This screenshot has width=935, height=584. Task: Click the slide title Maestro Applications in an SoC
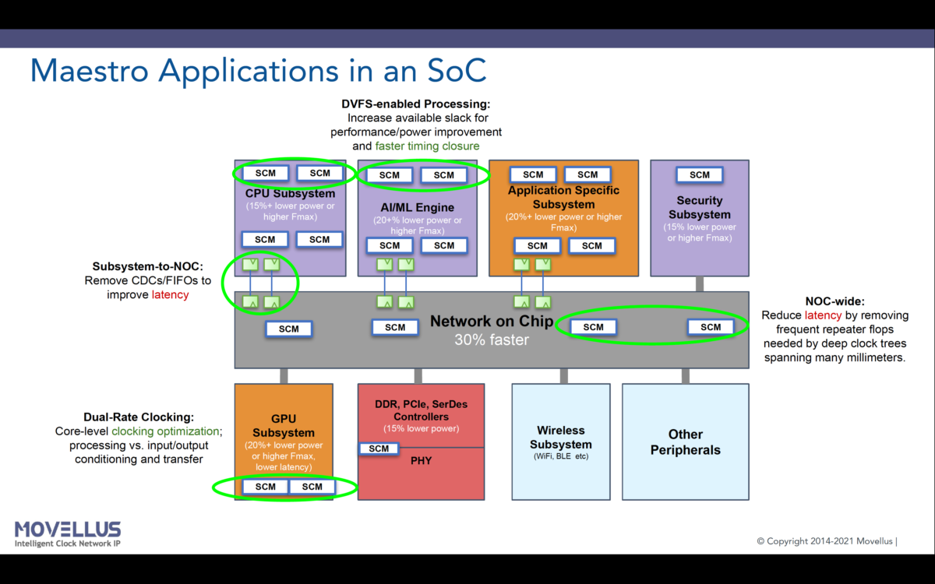pos(258,70)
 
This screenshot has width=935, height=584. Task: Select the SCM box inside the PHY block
pos(379,449)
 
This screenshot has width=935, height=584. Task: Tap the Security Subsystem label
pos(699,207)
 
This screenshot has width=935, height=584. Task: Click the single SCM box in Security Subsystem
pos(699,175)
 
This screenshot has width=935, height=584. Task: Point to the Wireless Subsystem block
pos(560,441)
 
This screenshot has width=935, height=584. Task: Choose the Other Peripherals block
pos(685,442)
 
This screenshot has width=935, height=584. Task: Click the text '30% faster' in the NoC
pos(491,340)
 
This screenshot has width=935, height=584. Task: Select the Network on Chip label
pos(491,322)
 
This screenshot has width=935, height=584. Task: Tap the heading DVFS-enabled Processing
pos(415,104)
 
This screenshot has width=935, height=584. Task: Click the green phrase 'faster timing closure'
pos(427,146)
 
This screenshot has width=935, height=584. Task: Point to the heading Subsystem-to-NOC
pos(147,266)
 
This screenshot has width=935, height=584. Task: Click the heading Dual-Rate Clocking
pos(139,417)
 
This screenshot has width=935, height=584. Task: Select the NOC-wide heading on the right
pos(834,301)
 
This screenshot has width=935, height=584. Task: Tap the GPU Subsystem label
pos(284,425)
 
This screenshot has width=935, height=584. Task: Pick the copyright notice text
pos(827,540)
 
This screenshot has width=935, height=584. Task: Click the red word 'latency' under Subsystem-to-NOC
pos(170,295)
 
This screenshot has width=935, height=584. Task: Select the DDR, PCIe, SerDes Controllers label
pos(421,410)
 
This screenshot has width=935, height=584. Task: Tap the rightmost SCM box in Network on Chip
pos(711,327)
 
